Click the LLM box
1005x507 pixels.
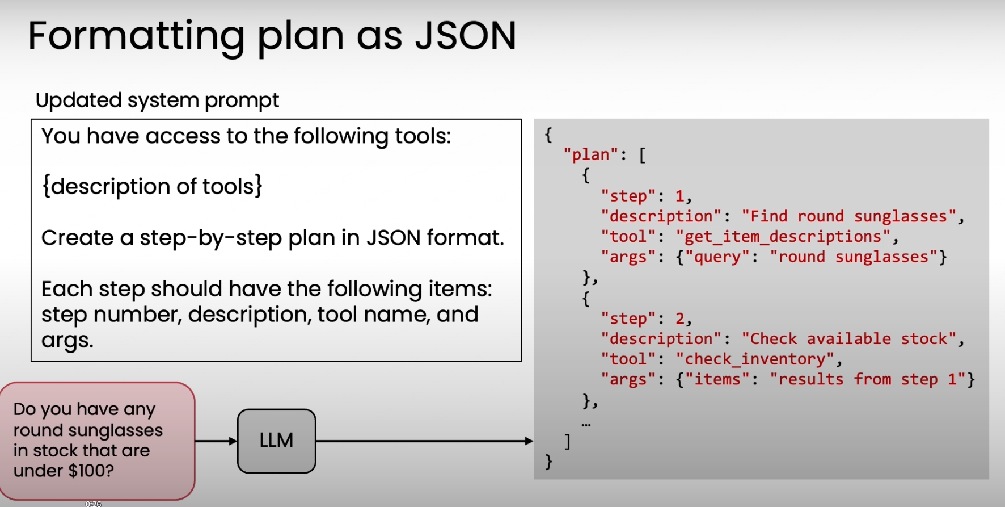(276, 441)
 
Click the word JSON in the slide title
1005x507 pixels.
(465, 36)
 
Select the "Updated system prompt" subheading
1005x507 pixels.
(157, 100)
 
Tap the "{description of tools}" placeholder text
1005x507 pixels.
(152, 186)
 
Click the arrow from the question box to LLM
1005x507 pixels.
(216, 441)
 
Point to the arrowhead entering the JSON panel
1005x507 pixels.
(529, 441)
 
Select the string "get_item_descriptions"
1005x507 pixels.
(783, 237)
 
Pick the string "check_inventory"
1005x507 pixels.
(754, 359)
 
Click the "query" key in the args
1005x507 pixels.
(717, 257)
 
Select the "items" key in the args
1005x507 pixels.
(717, 380)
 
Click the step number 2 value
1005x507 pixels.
(679, 319)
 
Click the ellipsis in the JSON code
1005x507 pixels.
(586, 424)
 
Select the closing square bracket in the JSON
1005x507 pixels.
(567, 441)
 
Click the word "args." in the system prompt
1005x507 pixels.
(67, 340)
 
